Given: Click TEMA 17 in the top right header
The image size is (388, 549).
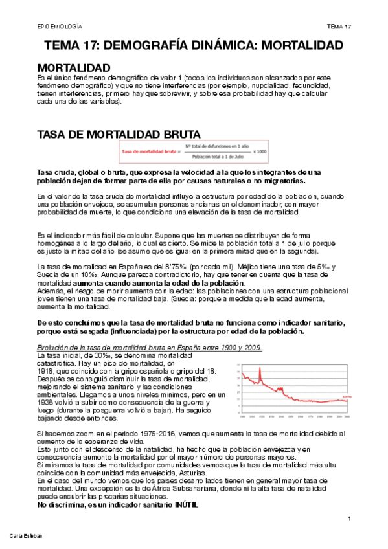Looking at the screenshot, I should (x=339, y=26).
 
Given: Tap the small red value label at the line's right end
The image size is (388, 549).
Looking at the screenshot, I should (x=346, y=396).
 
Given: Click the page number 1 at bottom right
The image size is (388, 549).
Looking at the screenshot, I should (x=348, y=519).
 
